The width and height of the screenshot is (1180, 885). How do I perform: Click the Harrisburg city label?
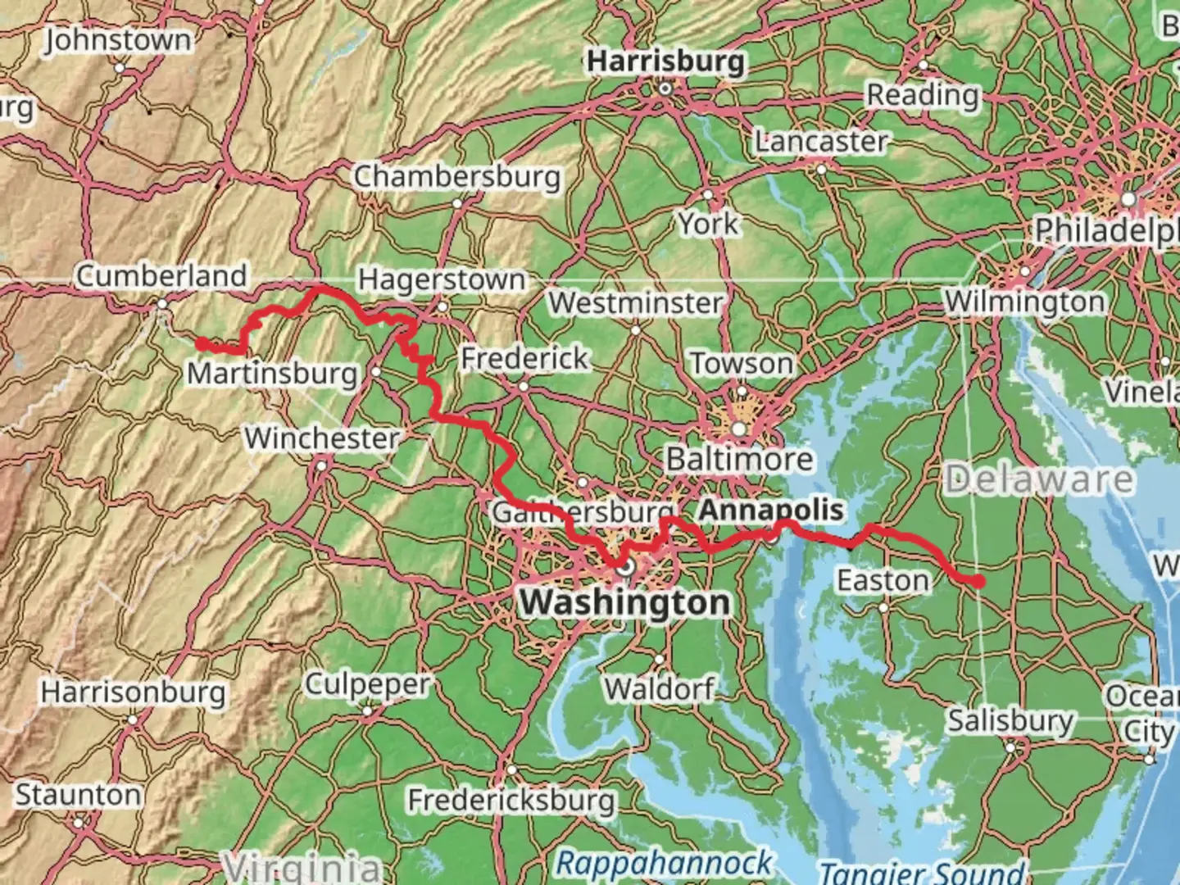point(666,61)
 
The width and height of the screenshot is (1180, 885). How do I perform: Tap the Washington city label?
point(624,602)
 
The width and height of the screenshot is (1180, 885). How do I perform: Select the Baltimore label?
point(739,459)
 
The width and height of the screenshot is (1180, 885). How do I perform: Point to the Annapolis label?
point(770,510)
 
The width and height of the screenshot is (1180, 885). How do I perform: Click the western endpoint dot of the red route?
point(202,344)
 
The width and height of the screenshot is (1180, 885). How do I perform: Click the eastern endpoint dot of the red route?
point(978,581)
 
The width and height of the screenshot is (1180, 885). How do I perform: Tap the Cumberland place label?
point(161,275)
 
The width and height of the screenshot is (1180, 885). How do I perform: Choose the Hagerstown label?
point(442,279)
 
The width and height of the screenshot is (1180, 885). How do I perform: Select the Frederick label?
point(524,358)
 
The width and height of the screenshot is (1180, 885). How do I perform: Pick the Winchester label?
point(322,438)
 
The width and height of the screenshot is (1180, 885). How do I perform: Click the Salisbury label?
point(1010,721)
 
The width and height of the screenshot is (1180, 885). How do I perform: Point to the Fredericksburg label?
point(511,799)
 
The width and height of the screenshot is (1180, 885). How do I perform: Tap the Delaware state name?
point(1039,479)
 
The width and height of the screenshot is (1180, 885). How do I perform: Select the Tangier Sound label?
point(922,872)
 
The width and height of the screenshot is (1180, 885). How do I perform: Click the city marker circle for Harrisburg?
point(666,88)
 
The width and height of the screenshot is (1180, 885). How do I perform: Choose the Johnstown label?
point(118,40)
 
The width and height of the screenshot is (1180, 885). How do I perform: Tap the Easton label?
point(883,580)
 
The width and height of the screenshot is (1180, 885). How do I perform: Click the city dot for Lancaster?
point(822,170)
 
